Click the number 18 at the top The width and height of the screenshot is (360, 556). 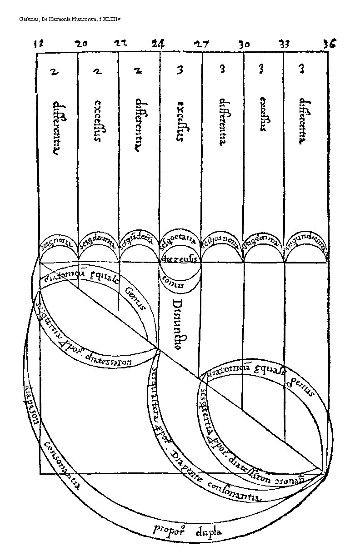[39, 44]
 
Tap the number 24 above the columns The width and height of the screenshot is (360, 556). [158, 44]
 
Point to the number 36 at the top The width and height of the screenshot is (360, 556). [330, 44]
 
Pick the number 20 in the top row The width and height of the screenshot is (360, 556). [81, 44]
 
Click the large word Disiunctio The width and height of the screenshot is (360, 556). [178, 324]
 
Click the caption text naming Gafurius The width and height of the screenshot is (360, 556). [63, 20]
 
